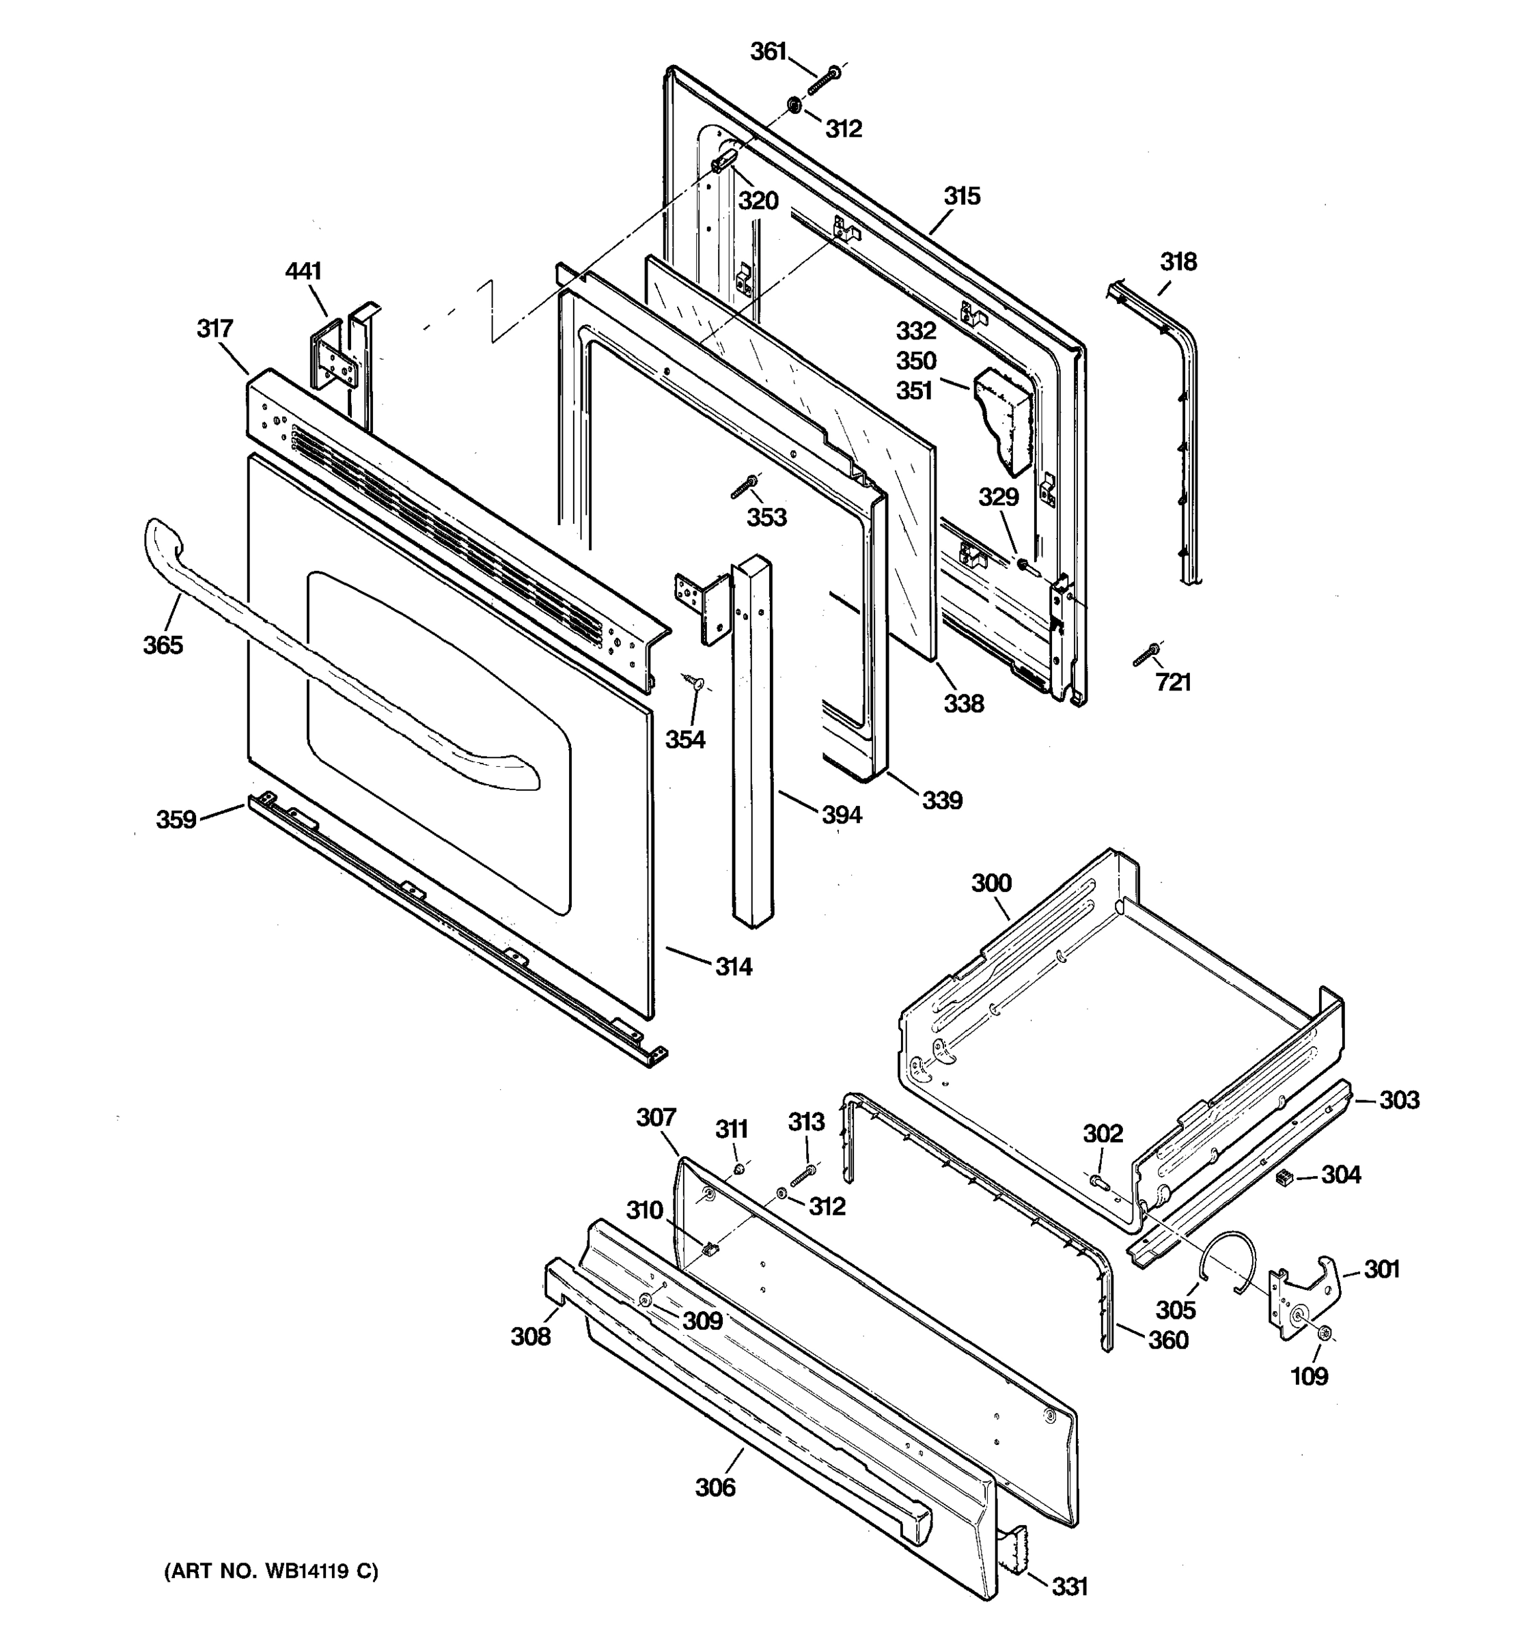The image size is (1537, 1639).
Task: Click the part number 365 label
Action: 163,645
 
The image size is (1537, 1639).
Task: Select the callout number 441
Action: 303,271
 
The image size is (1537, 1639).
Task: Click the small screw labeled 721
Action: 1146,656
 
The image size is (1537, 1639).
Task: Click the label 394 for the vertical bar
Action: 841,815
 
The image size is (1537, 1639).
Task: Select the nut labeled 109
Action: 1325,1333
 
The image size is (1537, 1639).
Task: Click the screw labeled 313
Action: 802,1176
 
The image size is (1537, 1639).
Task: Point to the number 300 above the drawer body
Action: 991,883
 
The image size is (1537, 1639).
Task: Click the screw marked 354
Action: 693,681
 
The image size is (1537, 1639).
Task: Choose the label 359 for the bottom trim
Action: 176,819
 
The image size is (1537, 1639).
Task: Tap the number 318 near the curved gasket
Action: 1178,262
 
